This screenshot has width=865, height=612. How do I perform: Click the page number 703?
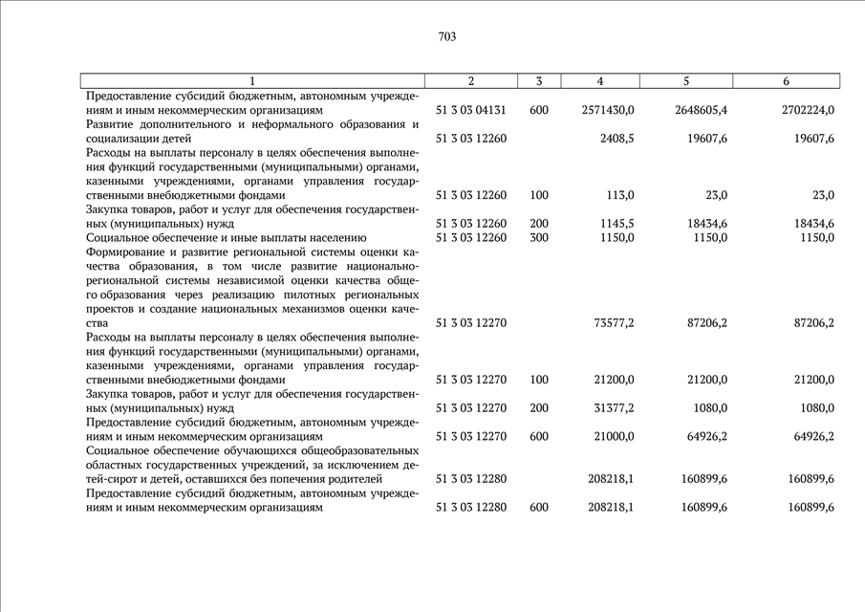coord(447,37)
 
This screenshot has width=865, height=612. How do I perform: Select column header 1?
coord(252,81)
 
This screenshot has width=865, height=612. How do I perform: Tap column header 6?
coord(786,81)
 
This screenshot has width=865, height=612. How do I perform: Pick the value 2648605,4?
coord(701,111)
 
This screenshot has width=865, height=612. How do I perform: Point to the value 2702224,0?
coord(808,111)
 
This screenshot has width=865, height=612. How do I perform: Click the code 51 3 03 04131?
coord(470,111)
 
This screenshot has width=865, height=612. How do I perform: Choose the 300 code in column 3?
coord(538,237)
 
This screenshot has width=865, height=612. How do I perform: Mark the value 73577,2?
coord(614,323)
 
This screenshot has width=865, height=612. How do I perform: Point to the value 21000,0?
coord(614,436)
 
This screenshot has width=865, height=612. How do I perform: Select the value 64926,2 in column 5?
coord(705,436)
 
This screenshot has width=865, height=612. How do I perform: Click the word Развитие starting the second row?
coord(113,124)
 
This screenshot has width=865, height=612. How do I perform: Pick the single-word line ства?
coord(97,323)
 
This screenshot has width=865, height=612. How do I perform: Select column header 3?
coord(539,81)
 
